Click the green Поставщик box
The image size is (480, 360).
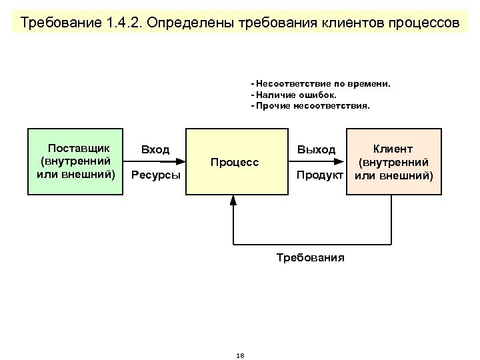[75, 161]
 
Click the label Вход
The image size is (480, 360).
[155, 150]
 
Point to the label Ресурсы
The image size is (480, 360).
[156, 176]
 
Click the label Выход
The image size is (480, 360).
[317, 150]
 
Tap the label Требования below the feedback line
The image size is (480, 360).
[310, 257]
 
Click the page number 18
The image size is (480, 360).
[240, 355]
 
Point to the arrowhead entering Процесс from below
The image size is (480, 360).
[233, 199]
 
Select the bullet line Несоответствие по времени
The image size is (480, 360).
[321, 85]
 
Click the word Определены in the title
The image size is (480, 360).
[184, 24]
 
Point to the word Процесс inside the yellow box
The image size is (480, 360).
[234, 163]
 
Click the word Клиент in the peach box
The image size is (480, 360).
[393, 149]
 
